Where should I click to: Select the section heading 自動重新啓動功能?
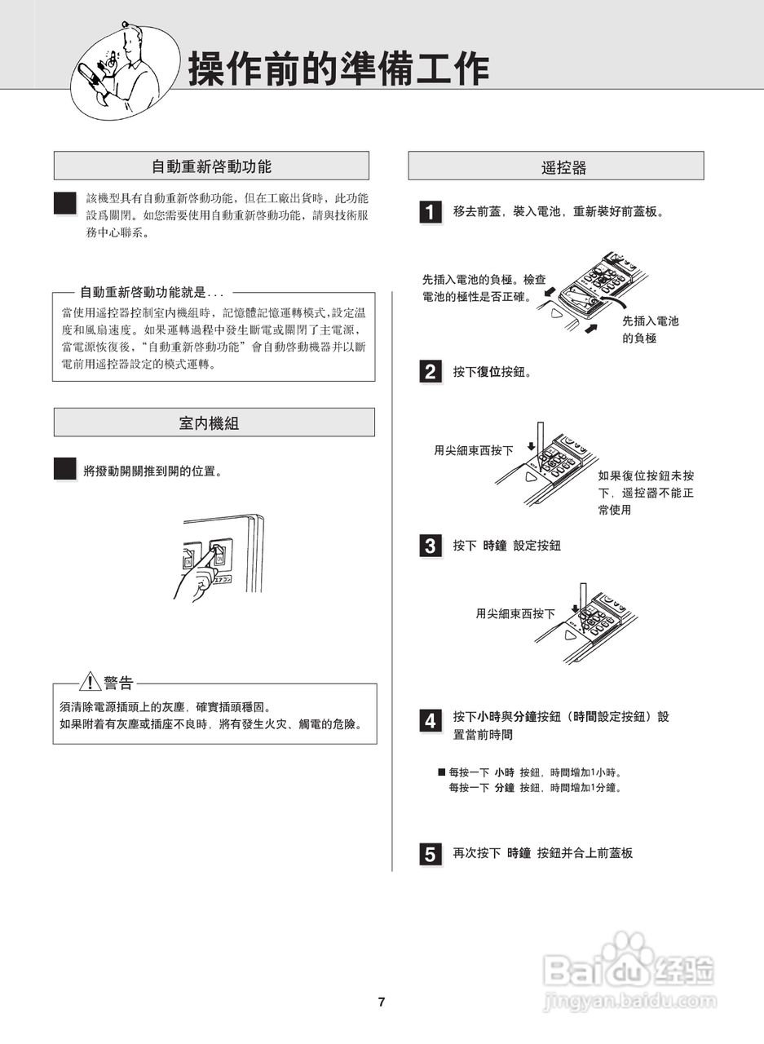tap(211, 166)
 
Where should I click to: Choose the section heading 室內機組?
tap(214, 422)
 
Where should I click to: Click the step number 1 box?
tap(431, 212)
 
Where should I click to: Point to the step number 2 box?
tap(431, 373)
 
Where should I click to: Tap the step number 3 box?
tap(431, 546)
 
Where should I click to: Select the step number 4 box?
tap(431, 721)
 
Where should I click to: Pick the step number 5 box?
tap(431, 854)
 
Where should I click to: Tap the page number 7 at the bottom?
tap(382, 1002)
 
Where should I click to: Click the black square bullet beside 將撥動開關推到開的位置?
tap(65, 469)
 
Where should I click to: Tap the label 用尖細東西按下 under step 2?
tap(474, 450)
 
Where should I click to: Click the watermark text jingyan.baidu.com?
tap(629, 1000)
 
